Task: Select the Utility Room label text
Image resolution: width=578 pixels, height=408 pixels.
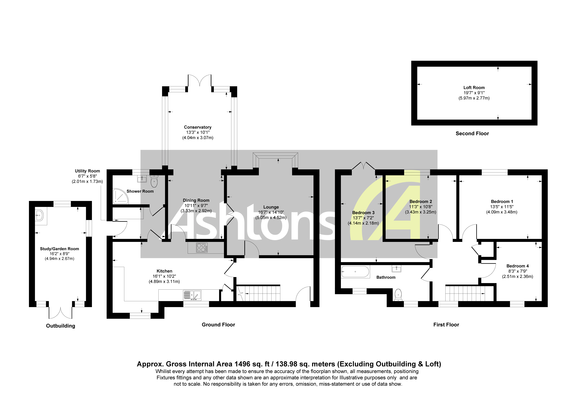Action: [87, 171]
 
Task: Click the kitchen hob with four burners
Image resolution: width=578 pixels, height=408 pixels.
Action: [202, 248]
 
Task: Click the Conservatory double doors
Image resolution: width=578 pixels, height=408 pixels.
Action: [200, 80]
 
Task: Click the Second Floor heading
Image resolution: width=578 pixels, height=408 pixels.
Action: [472, 134]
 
